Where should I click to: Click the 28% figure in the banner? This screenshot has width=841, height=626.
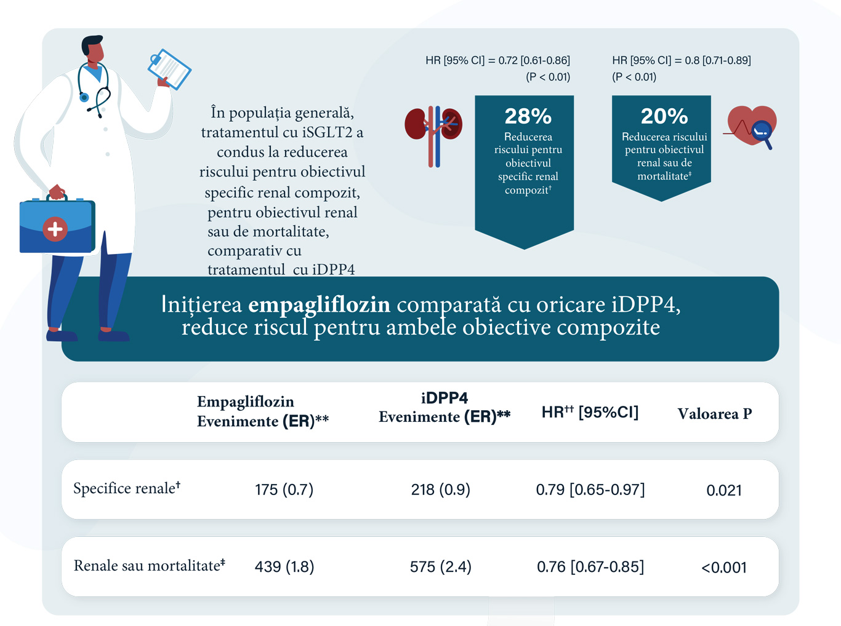(528, 116)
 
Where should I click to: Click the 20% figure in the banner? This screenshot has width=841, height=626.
(664, 116)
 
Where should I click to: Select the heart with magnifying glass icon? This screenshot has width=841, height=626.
(751, 127)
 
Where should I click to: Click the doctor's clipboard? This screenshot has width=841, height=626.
(169, 69)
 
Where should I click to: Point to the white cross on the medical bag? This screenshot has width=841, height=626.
(55, 229)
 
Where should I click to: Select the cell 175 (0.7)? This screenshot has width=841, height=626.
(284, 489)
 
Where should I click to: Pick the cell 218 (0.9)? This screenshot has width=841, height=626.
(440, 489)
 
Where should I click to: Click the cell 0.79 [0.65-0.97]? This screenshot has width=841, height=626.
(590, 489)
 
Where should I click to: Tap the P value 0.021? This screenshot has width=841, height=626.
(723, 490)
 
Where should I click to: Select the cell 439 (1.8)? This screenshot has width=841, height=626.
(284, 566)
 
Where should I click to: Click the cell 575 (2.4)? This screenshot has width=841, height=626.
(440, 566)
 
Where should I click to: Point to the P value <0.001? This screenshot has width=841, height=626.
(723, 567)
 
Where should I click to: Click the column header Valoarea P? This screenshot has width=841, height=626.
(714, 413)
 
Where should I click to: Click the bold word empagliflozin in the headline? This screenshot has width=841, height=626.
(319, 304)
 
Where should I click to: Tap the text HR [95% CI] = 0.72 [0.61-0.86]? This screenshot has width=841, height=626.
(497, 60)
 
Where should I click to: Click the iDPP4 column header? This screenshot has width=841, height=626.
(444, 407)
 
